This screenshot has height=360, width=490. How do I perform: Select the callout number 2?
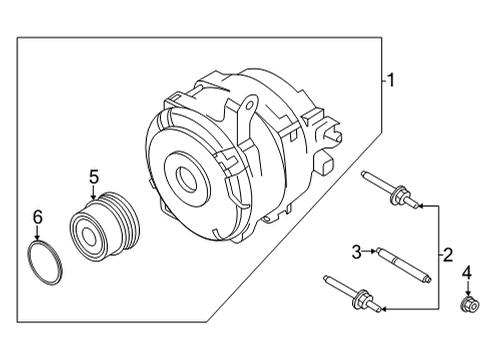pyautogui.click(x=448, y=255)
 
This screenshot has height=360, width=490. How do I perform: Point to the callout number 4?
pyautogui.click(x=466, y=271)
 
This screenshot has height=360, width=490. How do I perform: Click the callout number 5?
pyautogui.click(x=93, y=177)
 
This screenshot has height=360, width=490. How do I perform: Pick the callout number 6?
pyautogui.click(x=38, y=216)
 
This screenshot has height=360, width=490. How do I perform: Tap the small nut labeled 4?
pyautogui.click(x=466, y=304)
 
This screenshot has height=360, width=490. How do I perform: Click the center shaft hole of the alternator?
pyautogui.click(x=188, y=180)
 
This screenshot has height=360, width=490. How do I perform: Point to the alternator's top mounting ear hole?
pyautogui.click(x=249, y=103)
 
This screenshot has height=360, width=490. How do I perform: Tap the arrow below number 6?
pyautogui.click(x=38, y=234)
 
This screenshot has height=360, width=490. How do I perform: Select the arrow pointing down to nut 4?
pyautogui.click(x=466, y=287)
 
